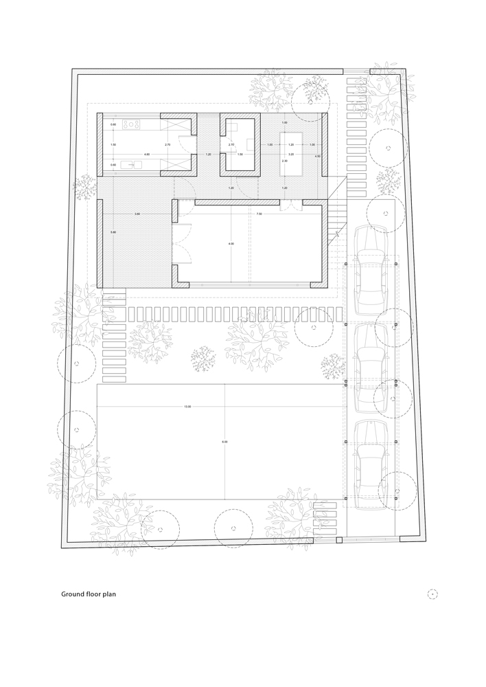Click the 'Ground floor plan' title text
coord(89,594)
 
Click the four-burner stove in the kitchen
coord(133,124)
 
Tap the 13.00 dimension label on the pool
coord(187,407)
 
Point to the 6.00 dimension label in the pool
coord(224,441)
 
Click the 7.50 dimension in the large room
coord(259,214)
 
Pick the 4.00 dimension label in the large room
coord(231,244)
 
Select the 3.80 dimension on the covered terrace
coord(137,214)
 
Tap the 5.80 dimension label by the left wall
coord(113,233)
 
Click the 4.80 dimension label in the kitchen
coord(147,155)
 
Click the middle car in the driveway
coord(371,369)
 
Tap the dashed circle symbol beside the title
coord(432,594)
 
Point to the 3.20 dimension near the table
coord(291,155)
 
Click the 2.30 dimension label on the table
coord(284,161)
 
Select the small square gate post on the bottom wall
coord(338,541)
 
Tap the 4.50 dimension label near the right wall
coord(317,157)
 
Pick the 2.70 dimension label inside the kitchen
coord(167,145)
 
